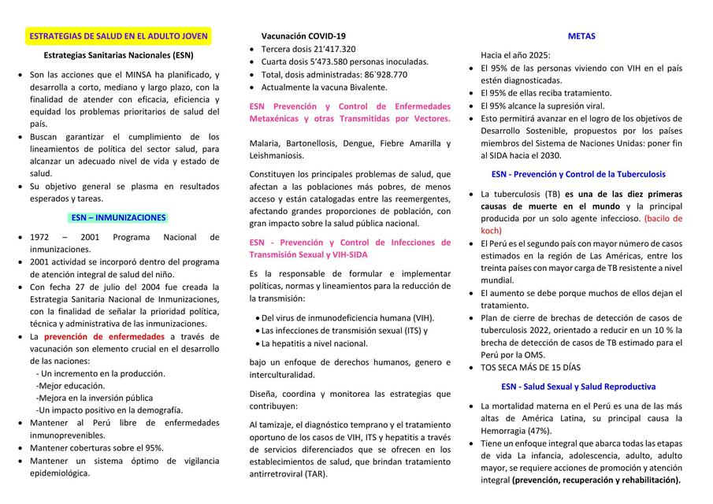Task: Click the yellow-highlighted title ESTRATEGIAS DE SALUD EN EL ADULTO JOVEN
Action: (x=118, y=36)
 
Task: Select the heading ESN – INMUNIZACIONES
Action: (x=118, y=217)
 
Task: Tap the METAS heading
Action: (x=581, y=36)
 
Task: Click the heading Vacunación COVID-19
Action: (x=303, y=36)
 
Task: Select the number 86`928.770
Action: (x=382, y=74)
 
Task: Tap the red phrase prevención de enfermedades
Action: (x=104, y=336)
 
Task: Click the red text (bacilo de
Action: (x=663, y=218)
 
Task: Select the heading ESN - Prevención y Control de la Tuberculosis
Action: (x=577, y=174)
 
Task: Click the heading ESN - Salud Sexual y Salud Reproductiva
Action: (x=577, y=387)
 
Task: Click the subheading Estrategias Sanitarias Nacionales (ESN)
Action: (x=118, y=56)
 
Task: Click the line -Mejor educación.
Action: (x=70, y=386)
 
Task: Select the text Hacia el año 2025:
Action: (x=516, y=55)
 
